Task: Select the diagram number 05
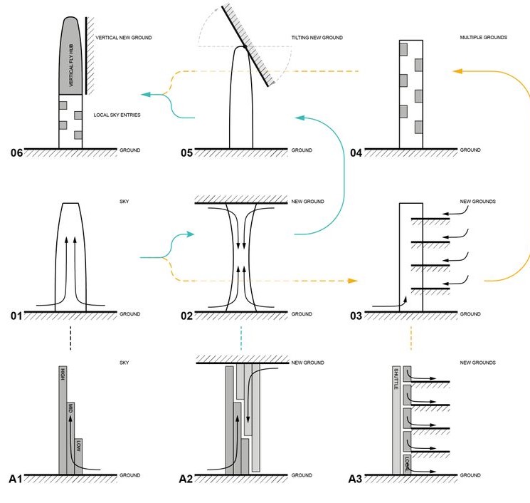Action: coord(186,152)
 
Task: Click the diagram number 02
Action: coord(186,316)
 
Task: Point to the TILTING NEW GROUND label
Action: coord(317,38)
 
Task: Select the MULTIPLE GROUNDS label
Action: coord(484,38)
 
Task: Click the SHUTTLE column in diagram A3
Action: coord(396,420)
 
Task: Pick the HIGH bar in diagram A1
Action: coord(63,420)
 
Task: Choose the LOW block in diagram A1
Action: coord(78,456)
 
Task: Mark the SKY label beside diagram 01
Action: coord(124,202)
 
